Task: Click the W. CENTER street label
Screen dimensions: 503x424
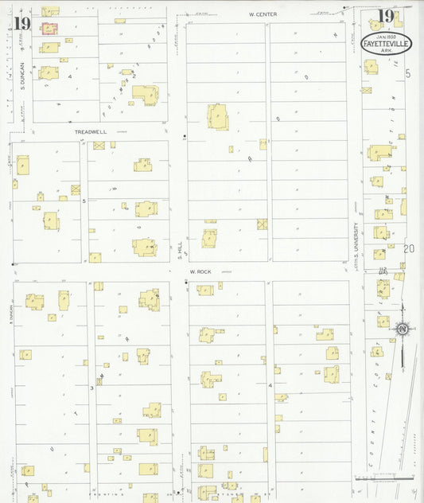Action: pos(262,14)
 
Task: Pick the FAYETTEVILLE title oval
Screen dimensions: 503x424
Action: pos(386,43)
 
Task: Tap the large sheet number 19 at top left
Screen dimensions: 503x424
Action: pos(21,23)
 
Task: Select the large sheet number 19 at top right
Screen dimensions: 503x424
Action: pos(386,16)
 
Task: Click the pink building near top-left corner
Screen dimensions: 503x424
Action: pos(49,29)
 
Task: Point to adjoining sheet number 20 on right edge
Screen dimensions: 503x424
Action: pos(408,249)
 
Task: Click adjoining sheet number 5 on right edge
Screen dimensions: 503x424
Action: pos(408,73)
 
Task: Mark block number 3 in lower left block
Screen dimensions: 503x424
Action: pos(91,388)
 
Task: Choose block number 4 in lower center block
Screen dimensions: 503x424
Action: pos(270,386)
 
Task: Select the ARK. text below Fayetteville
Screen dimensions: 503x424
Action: pos(387,52)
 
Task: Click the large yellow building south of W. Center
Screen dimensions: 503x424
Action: pos(218,116)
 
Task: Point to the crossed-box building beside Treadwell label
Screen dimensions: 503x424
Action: pos(99,146)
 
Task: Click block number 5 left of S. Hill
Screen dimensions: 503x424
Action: pos(83,202)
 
